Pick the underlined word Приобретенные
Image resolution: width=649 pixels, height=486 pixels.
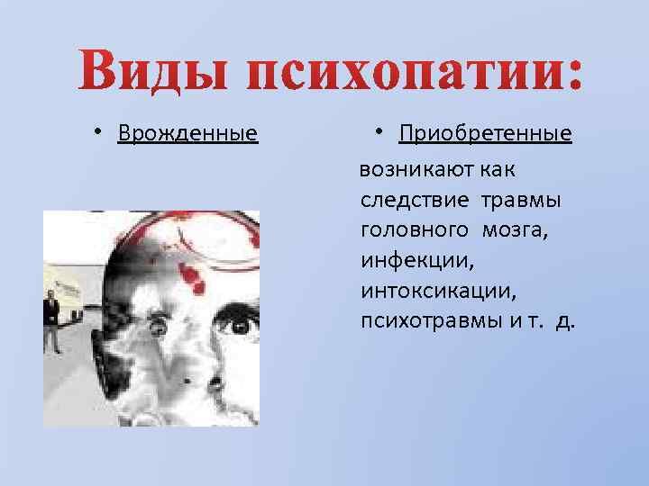tap(485, 134)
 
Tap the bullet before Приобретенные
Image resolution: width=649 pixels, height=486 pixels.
tap(381, 132)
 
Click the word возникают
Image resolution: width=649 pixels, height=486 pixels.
tap(416, 168)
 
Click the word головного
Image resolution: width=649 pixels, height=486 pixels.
tap(415, 229)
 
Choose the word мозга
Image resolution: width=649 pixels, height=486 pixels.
tap(516, 229)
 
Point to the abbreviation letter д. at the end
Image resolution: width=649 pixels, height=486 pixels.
tap(565, 321)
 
